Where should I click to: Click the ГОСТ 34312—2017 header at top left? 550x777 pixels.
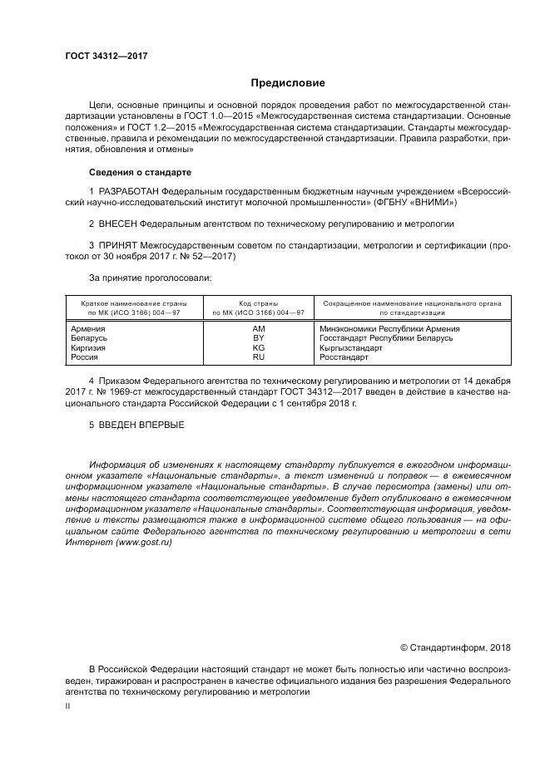(x=106, y=57)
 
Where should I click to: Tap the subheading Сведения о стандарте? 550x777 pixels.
(x=140, y=172)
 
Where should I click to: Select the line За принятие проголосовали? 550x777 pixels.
(x=151, y=278)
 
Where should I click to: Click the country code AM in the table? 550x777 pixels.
(x=258, y=329)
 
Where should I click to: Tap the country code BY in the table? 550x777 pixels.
(x=258, y=338)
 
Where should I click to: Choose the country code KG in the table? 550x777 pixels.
(x=258, y=347)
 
